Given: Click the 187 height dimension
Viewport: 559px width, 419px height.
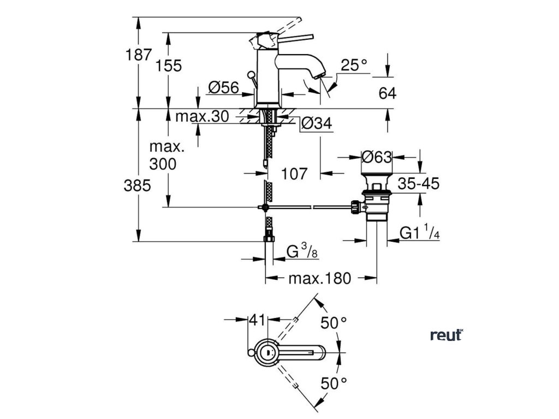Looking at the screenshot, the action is click(139, 55).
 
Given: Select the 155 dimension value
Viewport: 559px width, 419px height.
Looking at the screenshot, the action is click(168, 65).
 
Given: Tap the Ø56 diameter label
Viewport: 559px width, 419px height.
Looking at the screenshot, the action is click(223, 87).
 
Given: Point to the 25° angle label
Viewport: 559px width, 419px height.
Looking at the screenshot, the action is click(354, 65).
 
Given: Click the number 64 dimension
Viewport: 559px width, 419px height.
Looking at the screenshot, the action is click(387, 93).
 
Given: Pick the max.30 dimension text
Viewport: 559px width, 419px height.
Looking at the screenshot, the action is click(202, 116).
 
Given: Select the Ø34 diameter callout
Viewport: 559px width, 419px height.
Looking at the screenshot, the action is click(317, 123).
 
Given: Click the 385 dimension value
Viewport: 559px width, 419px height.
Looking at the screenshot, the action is click(137, 185).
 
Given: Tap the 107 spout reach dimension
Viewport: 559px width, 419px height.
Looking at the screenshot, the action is click(294, 174).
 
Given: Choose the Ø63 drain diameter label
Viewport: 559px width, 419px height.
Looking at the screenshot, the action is click(377, 157).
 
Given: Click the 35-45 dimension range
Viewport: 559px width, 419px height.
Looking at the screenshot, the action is click(419, 184).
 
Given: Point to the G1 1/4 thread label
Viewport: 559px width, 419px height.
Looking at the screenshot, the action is click(420, 232).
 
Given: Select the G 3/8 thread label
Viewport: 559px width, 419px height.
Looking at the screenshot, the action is click(301, 251).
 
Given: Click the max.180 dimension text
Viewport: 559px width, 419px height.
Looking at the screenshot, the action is click(320, 278).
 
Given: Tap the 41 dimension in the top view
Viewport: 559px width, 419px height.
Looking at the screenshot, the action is click(258, 320).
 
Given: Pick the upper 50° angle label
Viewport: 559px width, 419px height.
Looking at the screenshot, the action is click(334, 323).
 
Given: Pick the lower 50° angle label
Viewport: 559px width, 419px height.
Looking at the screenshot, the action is click(334, 384).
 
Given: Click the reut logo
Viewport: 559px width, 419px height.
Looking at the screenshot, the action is click(447, 335).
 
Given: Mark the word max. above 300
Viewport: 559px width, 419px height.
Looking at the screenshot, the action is click(167, 147).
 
